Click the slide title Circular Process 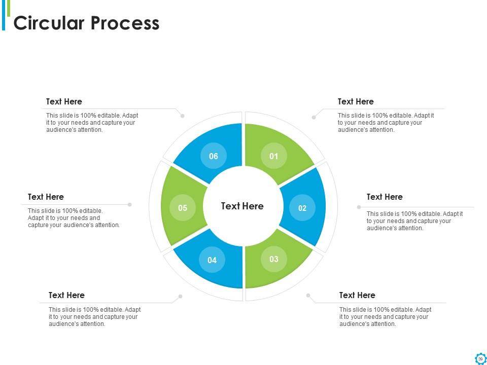pyautogui.click(x=86, y=23)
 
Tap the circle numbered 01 pyautogui.click(x=274, y=156)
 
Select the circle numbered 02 pyautogui.click(x=302, y=208)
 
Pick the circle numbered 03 pyautogui.click(x=274, y=259)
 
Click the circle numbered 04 pyautogui.click(x=212, y=260)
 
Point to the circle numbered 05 pyautogui.click(x=183, y=208)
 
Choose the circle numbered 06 pyautogui.click(x=214, y=156)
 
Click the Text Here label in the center pyautogui.click(x=242, y=206)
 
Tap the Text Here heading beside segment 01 pyautogui.click(x=356, y=101)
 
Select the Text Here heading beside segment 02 pyautogui.click(x=385, y=197)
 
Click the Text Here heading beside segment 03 pyautogui.click(x=357, y=295)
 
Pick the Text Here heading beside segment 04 pyautogui.click(x=66, y=295)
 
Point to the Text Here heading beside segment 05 pyautogui.click(x=46, y=197)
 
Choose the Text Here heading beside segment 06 pyautogui.click(x=64, y=101)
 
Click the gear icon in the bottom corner pyautogui.click(x=480, y=358)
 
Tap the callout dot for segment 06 pyautogui.click(x=183, y=116)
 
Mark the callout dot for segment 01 pyautogui.click(x=314, y=117)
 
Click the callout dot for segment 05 pyautogui.click(x=130, y=205)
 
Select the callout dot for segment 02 pyautogui.click(x=359, y=207)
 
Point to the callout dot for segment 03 pyautogui.click(x=308, y=295)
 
